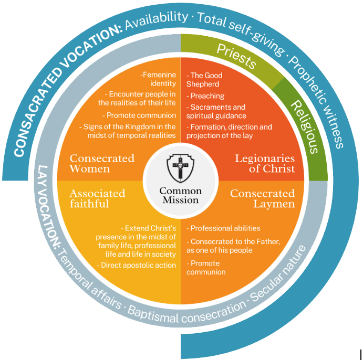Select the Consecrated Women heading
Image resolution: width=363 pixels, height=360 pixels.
pos(102,163)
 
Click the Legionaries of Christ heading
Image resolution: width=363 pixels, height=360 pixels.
pos(265,163)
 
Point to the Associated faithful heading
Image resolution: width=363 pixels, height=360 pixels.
pos(98,198)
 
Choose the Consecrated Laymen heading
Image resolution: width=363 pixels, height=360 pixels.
pos(262,198)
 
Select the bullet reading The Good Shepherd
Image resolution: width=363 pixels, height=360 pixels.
pos(203,79)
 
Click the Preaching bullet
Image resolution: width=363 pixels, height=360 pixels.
pos(207,96)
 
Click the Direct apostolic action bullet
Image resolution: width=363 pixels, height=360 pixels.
pos(137,265)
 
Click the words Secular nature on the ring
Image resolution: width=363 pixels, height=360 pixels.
pos(279,283)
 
